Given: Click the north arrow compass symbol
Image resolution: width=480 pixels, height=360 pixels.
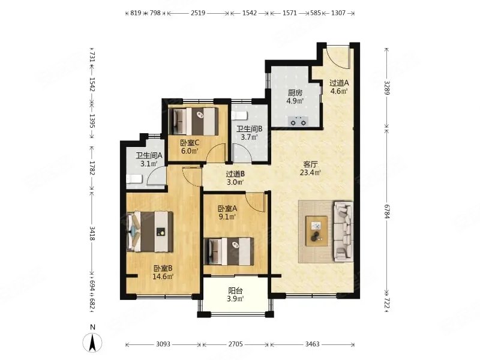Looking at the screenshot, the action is pos(93,341).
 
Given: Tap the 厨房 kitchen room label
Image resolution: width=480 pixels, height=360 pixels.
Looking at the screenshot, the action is pos(295,93).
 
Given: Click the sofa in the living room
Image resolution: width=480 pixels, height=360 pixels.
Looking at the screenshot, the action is pos(343,232).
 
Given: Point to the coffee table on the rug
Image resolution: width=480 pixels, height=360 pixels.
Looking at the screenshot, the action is pos(317,231).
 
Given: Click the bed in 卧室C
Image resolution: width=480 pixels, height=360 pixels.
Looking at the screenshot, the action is pos(194,121).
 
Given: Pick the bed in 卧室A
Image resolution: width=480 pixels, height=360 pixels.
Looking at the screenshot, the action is pos(229,251).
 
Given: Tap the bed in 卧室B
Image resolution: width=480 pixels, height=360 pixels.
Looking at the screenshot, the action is pos(150,232).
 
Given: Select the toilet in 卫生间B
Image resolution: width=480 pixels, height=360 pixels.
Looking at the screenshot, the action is pos(239,116).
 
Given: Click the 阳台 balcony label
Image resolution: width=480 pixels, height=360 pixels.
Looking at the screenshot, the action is pos(235,291).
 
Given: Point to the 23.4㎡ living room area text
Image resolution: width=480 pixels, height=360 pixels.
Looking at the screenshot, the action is pos(310,173).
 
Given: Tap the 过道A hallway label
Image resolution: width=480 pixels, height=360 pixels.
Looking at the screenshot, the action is pos(339,83).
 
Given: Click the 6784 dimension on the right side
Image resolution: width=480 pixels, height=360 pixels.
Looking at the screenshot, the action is pos(387,211).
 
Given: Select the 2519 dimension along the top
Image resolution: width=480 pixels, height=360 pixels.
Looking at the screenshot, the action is pos(198,13).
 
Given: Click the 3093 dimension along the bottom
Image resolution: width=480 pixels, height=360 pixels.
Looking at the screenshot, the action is pos(163,344).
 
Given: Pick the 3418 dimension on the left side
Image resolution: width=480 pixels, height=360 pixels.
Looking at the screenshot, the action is pos(92,233).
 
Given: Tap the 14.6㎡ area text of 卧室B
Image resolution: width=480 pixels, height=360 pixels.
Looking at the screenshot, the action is pos(163,277).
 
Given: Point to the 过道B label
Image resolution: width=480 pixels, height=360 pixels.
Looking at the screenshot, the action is pos(235,174).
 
